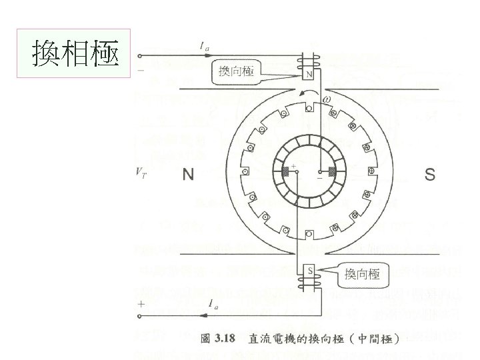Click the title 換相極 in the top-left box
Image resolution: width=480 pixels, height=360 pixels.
click(x=75, y=53)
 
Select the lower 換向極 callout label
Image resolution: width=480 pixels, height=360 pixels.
click(x=362, y=274)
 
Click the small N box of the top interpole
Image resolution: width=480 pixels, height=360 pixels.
click(x=309, y=75)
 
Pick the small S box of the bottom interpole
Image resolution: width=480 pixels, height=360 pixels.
click(x=309, y=270)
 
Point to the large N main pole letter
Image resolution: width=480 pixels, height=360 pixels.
click(x=189, y=175)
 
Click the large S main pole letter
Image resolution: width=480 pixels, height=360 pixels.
click(x=430, y=175)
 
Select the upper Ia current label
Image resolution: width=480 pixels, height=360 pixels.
click(x=205, y=46)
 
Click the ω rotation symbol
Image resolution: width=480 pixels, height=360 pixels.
click(x=326, y=101)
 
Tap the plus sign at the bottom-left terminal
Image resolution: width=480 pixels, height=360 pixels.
click(x=141, y=304)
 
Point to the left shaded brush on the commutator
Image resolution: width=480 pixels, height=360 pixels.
click(x=285, y=172)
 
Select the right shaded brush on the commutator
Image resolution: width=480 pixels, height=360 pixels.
click(x=331, y=172)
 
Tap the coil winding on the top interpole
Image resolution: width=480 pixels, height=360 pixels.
click(x=309, y=61)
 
